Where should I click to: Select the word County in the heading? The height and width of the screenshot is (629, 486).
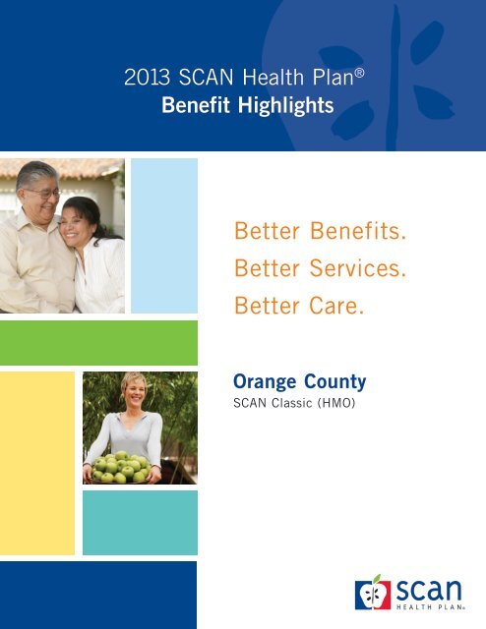click(336, 379)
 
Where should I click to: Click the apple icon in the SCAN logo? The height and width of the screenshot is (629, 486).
click(375, 593)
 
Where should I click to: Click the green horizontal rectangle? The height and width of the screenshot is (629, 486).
click(98, 343)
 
